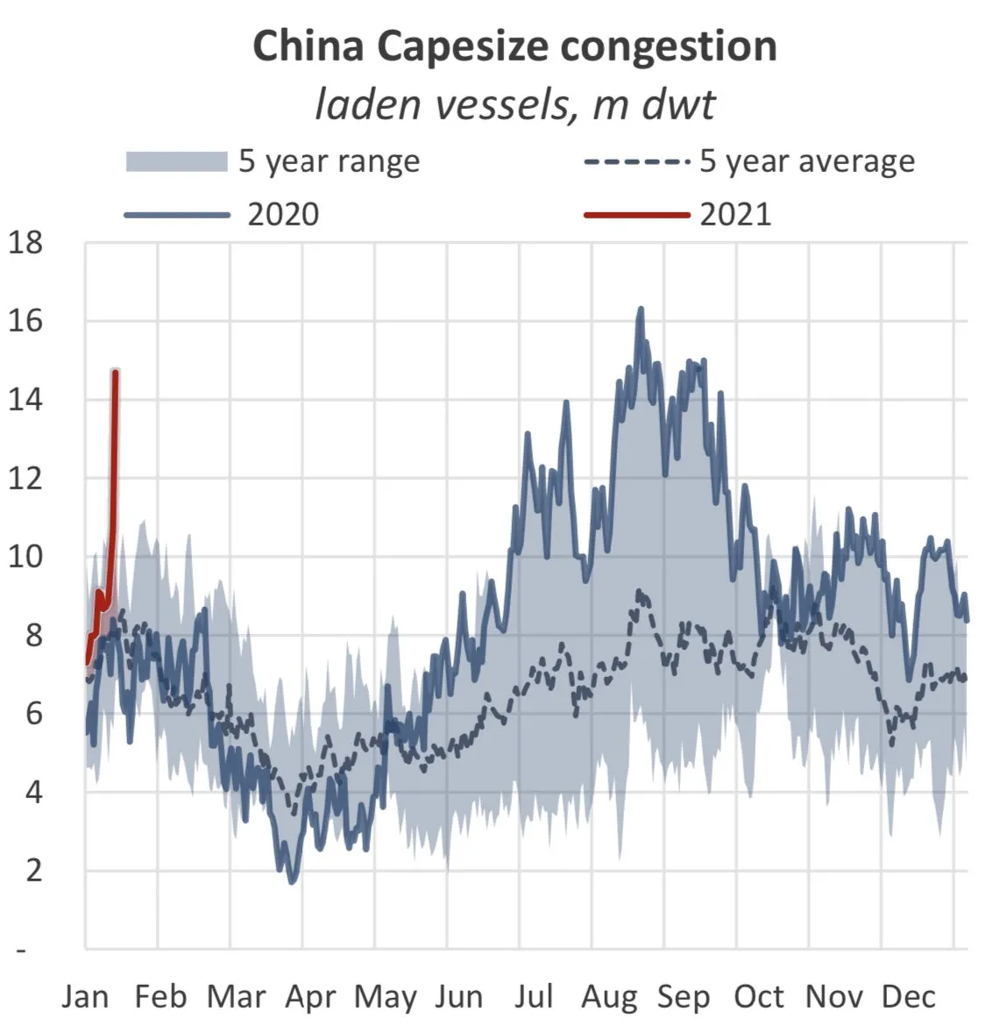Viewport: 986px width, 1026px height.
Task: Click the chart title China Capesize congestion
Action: point(514,46)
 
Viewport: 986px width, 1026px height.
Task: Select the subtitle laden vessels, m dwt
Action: point(514,105)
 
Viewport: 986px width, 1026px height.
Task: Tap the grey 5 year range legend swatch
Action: point(176,162)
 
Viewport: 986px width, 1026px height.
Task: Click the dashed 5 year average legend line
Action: point(636,162)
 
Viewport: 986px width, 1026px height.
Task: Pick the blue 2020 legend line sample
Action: point(176,215)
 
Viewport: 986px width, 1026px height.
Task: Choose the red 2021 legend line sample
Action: point(636,215)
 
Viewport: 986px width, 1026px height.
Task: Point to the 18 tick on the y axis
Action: point(25,243)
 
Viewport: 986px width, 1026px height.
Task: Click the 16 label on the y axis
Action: point(25,321)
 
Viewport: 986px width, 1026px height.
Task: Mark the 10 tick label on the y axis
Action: point(25,556)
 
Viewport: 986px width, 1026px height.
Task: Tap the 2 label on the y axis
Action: point(33,870)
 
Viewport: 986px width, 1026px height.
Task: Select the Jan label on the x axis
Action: point(85,997)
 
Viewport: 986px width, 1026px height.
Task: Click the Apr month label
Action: point(310,997)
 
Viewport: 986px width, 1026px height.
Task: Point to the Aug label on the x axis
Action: point(609,997)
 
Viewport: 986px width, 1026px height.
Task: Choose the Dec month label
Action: point(909,997)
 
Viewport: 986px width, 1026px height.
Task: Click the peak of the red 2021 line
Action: point(116,372)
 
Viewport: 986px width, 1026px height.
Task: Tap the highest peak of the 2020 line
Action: point(641,309)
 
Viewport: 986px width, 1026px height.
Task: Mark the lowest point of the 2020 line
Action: point(293,881)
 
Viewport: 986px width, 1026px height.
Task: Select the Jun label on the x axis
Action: point(458,997)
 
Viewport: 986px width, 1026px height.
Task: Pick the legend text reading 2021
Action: point(734,215)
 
